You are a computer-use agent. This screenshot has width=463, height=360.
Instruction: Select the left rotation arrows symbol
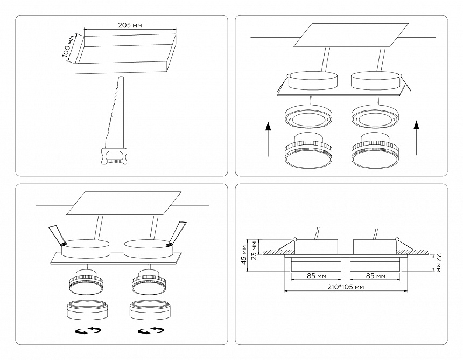(88, 330)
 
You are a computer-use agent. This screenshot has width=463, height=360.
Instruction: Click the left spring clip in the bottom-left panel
(57, 234)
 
